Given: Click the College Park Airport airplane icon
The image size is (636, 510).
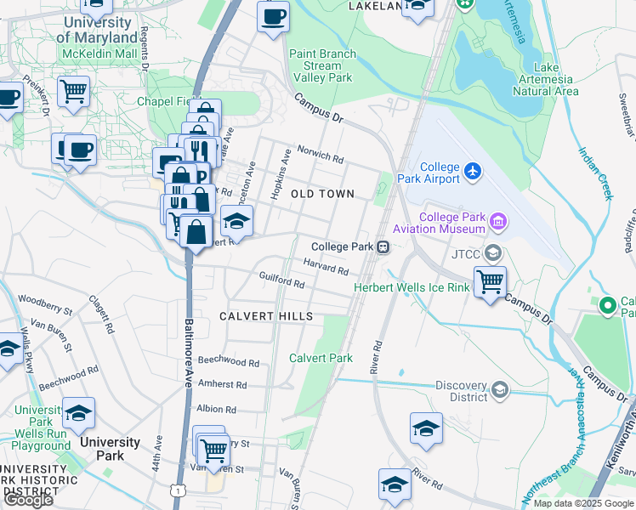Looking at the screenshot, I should [x=474, y=173].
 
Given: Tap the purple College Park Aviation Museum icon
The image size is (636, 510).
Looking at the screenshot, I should [x=497, y=223].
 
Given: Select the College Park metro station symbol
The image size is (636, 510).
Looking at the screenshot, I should [x=384, y=247].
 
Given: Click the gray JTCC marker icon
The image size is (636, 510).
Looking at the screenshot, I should [x=492, y=253].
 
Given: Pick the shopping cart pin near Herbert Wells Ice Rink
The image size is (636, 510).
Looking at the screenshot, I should [x=491, y=281].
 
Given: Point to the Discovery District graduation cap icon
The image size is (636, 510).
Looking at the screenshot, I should [x=500, y=390].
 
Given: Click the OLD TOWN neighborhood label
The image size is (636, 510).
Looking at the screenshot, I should [x=322, y=195].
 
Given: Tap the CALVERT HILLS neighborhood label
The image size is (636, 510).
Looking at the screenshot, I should [x=266, y=316].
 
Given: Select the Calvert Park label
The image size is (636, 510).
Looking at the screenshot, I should [x=321, y=358].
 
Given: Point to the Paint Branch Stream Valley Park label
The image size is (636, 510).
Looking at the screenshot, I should [x=321, y=65].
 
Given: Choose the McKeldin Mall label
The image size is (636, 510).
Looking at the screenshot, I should [x=99, y=54].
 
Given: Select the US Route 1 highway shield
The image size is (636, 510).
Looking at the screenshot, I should [x=177, y=490].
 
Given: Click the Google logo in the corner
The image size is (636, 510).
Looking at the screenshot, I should [x=28, y=500].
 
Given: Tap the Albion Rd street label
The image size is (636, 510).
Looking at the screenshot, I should [x=216, y=409].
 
